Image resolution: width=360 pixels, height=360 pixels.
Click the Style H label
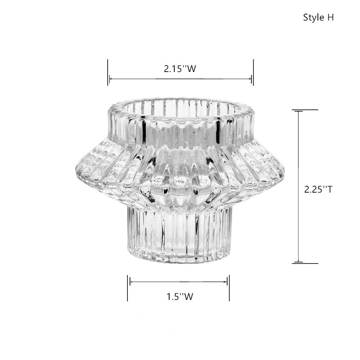point(318,18)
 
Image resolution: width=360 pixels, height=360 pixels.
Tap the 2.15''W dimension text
point(180,69)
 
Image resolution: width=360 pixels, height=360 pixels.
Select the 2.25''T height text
point(318,189)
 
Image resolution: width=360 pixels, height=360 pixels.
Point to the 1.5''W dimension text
point(180,297)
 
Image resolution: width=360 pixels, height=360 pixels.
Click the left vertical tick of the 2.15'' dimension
point(108,72)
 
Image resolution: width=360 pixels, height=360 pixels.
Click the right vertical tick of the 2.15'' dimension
point(253,72)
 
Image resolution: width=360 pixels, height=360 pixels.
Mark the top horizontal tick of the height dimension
point(305,110)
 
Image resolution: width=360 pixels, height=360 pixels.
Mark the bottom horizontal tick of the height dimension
point(305,264)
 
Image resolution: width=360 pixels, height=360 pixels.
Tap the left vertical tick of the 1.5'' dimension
point(127,288)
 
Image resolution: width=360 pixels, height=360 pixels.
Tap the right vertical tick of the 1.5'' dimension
point(229,288)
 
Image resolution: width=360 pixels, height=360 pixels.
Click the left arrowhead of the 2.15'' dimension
point(111,78)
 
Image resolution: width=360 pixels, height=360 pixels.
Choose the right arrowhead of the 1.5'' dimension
point(226,282)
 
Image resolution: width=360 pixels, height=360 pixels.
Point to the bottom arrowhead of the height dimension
point(298,261)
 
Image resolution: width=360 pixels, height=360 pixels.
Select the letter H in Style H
point(330,18)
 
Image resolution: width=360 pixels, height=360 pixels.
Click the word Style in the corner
point(314,18)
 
